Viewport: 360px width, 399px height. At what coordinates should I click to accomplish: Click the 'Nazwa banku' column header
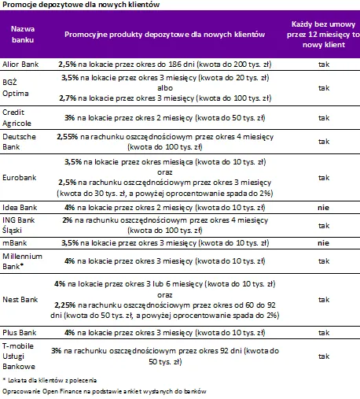pos(23,35)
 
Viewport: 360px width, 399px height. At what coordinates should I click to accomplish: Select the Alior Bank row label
pos(20,65)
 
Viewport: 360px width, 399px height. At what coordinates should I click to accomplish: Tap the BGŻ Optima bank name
pos(16,88)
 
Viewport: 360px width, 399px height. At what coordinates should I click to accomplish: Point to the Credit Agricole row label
pos(17,118)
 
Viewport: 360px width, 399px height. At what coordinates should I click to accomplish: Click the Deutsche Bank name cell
pos(19,142)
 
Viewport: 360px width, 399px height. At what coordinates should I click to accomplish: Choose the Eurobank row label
pos(20,178)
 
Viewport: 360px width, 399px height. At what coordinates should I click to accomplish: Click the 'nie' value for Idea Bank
pos(323,208)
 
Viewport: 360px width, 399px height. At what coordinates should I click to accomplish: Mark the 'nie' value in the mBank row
pos(323,243)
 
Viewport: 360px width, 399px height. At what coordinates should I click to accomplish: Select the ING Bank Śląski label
pos(18,225)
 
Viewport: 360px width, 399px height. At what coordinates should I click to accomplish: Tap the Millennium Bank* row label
pos(22,261)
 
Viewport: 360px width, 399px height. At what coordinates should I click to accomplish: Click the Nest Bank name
pos(20,300)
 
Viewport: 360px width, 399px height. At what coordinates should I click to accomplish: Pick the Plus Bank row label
pos(20,333)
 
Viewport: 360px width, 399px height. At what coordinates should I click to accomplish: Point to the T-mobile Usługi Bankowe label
pos(19,357)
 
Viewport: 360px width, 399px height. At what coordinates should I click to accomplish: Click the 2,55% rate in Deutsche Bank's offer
pos(68,137)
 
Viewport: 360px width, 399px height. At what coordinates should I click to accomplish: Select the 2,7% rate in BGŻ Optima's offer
pos(68,98)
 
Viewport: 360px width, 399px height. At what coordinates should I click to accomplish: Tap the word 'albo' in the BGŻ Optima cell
pos(165,88)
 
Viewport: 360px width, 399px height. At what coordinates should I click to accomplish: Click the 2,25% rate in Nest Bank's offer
pos(65,305)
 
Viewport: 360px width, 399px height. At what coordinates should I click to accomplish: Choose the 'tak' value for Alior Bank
pos(324,65)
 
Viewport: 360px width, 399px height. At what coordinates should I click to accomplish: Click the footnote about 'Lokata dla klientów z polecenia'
pos(50,380)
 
